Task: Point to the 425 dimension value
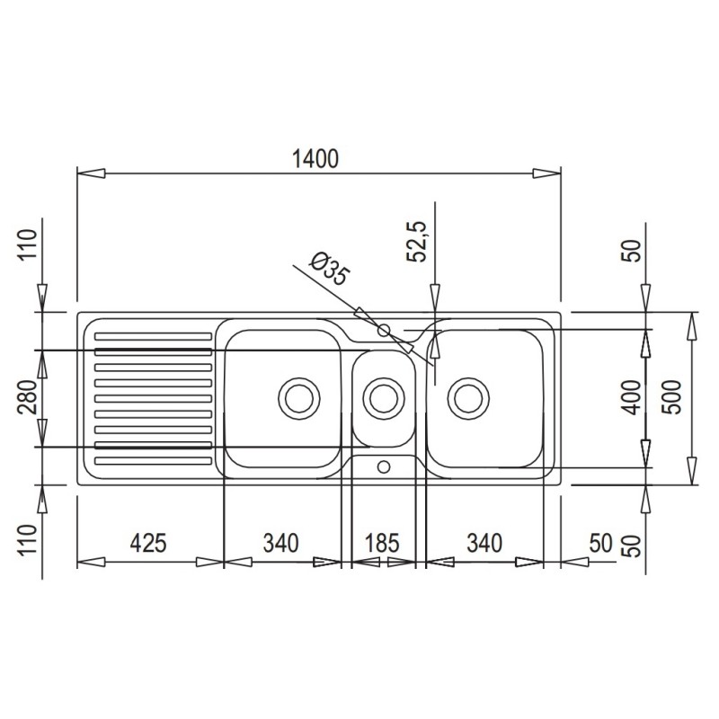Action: [148, 543]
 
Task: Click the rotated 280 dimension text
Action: [28, 396]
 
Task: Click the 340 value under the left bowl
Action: [280, 543]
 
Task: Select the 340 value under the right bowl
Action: [484, 543]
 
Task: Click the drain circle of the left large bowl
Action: [297, 397]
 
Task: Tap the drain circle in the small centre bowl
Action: [383, 397]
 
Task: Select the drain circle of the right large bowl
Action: [467, 397]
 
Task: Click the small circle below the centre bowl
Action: [384, 466]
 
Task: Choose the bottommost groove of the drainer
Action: [154, 463]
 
